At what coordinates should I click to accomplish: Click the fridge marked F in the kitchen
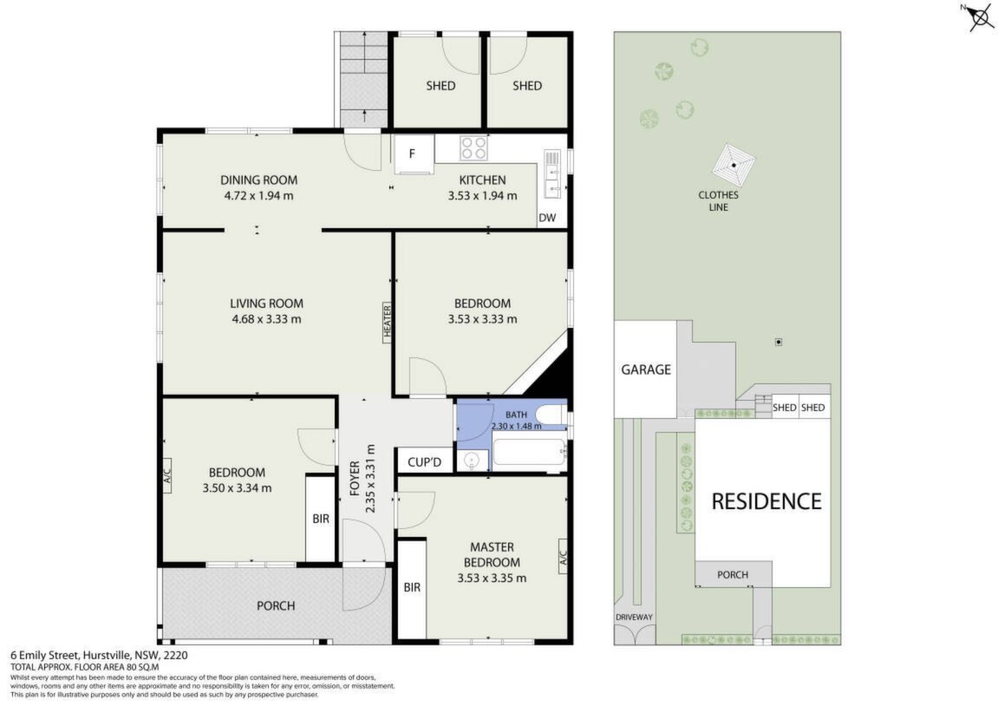(413, 154)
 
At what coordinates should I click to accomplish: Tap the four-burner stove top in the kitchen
(474, 148)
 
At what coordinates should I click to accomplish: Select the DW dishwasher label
(547, 218)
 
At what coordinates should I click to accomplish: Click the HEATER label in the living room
(387, 322)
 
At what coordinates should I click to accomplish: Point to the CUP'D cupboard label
(425, 462)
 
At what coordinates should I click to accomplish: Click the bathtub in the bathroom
(530, 454)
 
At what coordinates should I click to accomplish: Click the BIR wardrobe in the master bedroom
(412, 588)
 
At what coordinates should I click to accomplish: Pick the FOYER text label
(355, 477)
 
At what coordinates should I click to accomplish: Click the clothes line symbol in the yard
(734, 165)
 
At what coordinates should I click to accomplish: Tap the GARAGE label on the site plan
(646, 369)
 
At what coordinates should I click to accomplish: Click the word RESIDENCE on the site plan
(766, 501)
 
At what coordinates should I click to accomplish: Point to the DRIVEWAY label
(634, 617)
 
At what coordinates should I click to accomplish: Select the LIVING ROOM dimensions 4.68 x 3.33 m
(267, 319)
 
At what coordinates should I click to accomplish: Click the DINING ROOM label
(259, 180)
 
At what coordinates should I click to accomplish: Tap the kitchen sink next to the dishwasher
(551, 179)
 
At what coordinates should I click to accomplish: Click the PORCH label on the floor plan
(276, 605)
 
